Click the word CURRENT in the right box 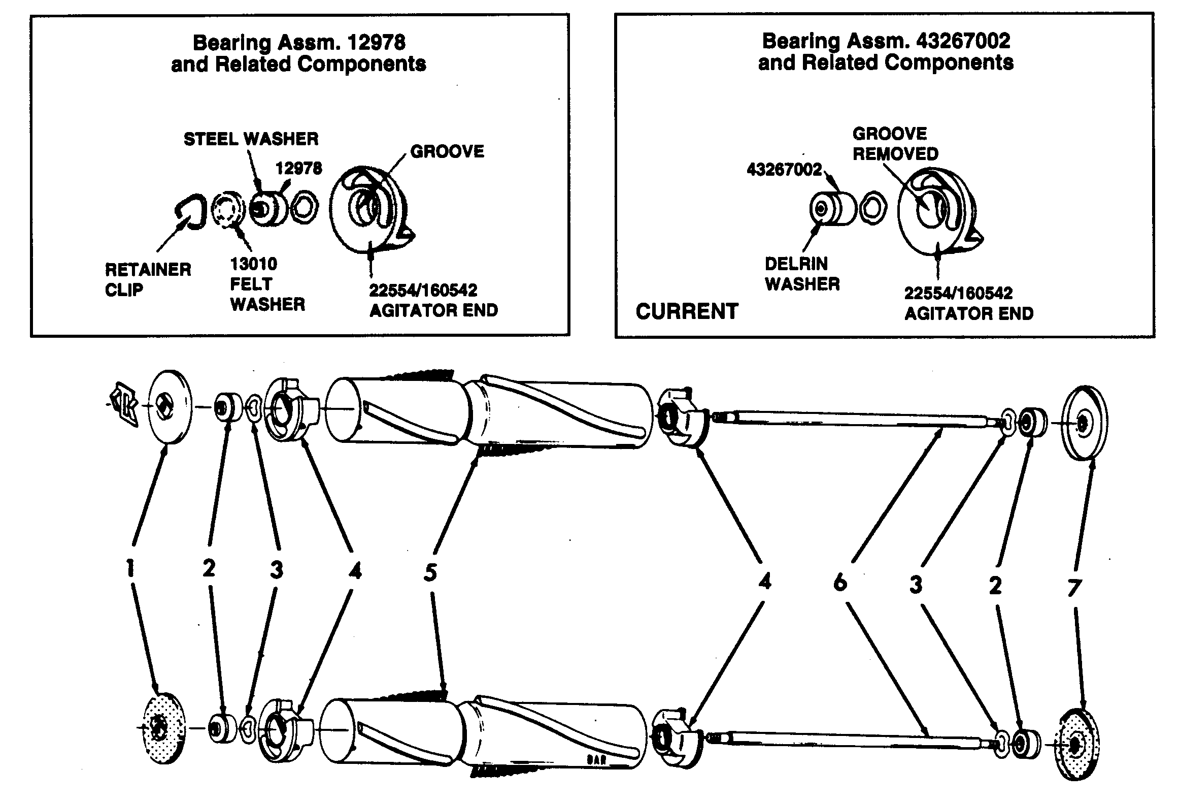click(x=686, y=311)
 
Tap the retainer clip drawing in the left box click(x=191, y=212)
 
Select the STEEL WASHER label click(x=251, y=139)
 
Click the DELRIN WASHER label click(x=802, y=274)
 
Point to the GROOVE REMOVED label click(x=895, y=144)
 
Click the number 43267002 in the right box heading click(x=962, y=41)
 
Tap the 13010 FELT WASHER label click(x=267, y=284)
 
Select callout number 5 click(x=430, y=573)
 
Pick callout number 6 click(x=840, y=582)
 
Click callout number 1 click(x=130, y=568)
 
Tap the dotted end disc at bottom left click(x=160, y=727)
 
